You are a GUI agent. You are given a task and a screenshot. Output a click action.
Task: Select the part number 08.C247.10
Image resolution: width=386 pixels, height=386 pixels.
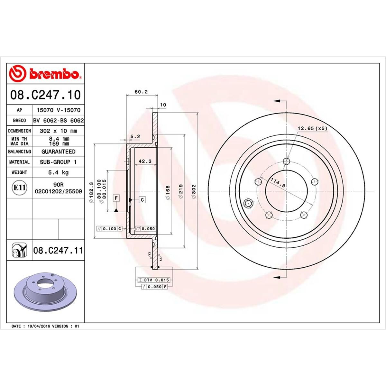[45, 95]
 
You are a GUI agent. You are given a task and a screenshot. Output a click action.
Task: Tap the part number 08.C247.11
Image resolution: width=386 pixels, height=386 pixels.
[58, 250]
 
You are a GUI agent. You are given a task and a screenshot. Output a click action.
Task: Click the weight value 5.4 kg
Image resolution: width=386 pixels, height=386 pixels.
[58, 172]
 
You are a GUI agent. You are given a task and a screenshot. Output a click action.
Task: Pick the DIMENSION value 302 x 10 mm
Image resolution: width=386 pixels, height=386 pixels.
[58, 131]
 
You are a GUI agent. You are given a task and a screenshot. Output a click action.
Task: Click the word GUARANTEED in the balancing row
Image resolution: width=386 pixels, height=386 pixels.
[58, 152]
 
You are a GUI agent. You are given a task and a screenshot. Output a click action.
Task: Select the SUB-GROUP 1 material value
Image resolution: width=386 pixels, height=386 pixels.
[58, 162]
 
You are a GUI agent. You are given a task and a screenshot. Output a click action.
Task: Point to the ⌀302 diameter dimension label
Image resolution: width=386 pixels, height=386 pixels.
[194, 191]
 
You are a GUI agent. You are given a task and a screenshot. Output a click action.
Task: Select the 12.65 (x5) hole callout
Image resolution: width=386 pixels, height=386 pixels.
[312, 128]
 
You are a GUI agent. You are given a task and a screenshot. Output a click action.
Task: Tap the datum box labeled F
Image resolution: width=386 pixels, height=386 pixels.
[115, 198]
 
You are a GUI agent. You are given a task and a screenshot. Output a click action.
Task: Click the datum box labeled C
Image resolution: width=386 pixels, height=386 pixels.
[142, 200]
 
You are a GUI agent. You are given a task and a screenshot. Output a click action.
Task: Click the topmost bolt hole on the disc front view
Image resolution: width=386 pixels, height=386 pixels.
[287, 161]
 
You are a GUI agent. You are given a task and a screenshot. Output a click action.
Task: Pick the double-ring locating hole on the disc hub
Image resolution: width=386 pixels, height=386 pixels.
[248, 203]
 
